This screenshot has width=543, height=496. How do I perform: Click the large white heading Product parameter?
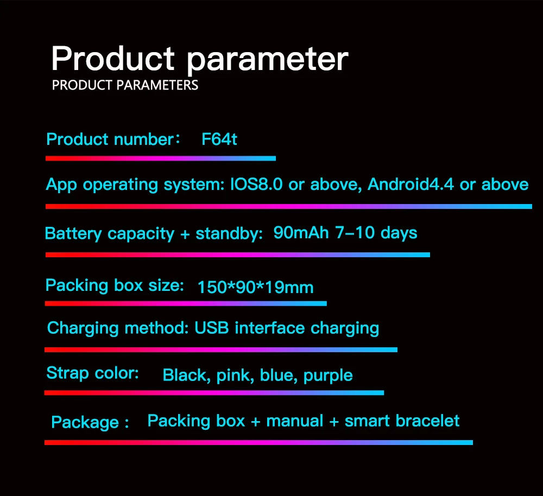click(200, 60)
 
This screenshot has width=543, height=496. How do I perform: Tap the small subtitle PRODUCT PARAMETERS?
click(125, 85)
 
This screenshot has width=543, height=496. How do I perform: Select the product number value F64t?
click(219, 139)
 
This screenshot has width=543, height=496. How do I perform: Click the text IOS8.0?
click(256, 184)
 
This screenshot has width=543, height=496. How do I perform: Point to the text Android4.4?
click(411, 184)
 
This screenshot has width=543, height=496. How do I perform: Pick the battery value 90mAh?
click(301, 233)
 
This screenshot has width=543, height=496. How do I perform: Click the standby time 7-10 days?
click(376, 233)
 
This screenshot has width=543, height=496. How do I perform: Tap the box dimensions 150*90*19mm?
click(256, 287)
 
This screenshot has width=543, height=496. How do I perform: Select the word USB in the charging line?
click(212, 328)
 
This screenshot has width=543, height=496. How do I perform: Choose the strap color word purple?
click(328, 376)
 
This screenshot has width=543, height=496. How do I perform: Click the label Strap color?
click(93, 373)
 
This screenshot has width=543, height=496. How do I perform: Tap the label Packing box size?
click(115, 286)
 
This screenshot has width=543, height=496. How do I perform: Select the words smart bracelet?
click(402, 421)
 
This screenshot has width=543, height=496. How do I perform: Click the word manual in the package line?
click(295, 421)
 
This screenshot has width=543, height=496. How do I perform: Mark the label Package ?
click(90, 423)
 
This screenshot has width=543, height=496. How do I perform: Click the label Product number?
click(113, 139)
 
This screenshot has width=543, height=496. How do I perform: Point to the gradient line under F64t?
click(161, 158)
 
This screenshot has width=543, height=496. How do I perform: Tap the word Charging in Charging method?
click(83, 328)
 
